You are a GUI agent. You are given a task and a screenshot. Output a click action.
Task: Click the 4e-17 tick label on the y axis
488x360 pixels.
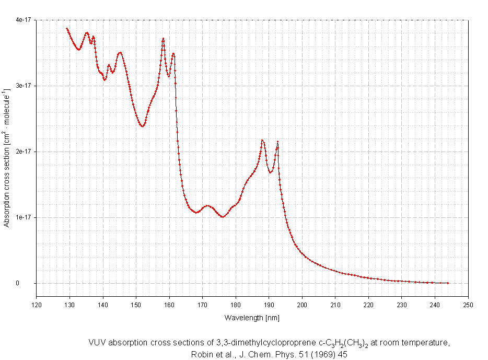coord(24,20)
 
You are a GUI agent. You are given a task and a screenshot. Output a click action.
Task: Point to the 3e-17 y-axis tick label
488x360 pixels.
coord(24,86)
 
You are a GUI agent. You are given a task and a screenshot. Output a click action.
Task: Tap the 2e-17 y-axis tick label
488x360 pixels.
coord(24,152)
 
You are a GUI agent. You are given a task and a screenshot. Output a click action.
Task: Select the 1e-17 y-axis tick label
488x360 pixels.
coord(24,217)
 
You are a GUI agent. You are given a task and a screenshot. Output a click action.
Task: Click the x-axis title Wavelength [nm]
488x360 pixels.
coord(252,317)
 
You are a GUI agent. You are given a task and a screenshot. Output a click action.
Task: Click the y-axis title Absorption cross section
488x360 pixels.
coord(7,152)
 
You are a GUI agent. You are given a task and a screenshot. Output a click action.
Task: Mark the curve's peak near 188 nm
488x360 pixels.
coord(262,140)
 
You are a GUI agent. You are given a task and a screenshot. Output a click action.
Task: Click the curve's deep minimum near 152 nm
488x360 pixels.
coord(142,126)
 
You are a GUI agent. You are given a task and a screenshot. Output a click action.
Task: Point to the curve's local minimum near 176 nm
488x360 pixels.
coord(223,217)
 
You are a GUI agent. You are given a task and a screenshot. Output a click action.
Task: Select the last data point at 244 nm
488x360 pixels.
coord(448,283)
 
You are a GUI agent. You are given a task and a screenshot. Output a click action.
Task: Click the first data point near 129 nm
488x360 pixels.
coord(67,28)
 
